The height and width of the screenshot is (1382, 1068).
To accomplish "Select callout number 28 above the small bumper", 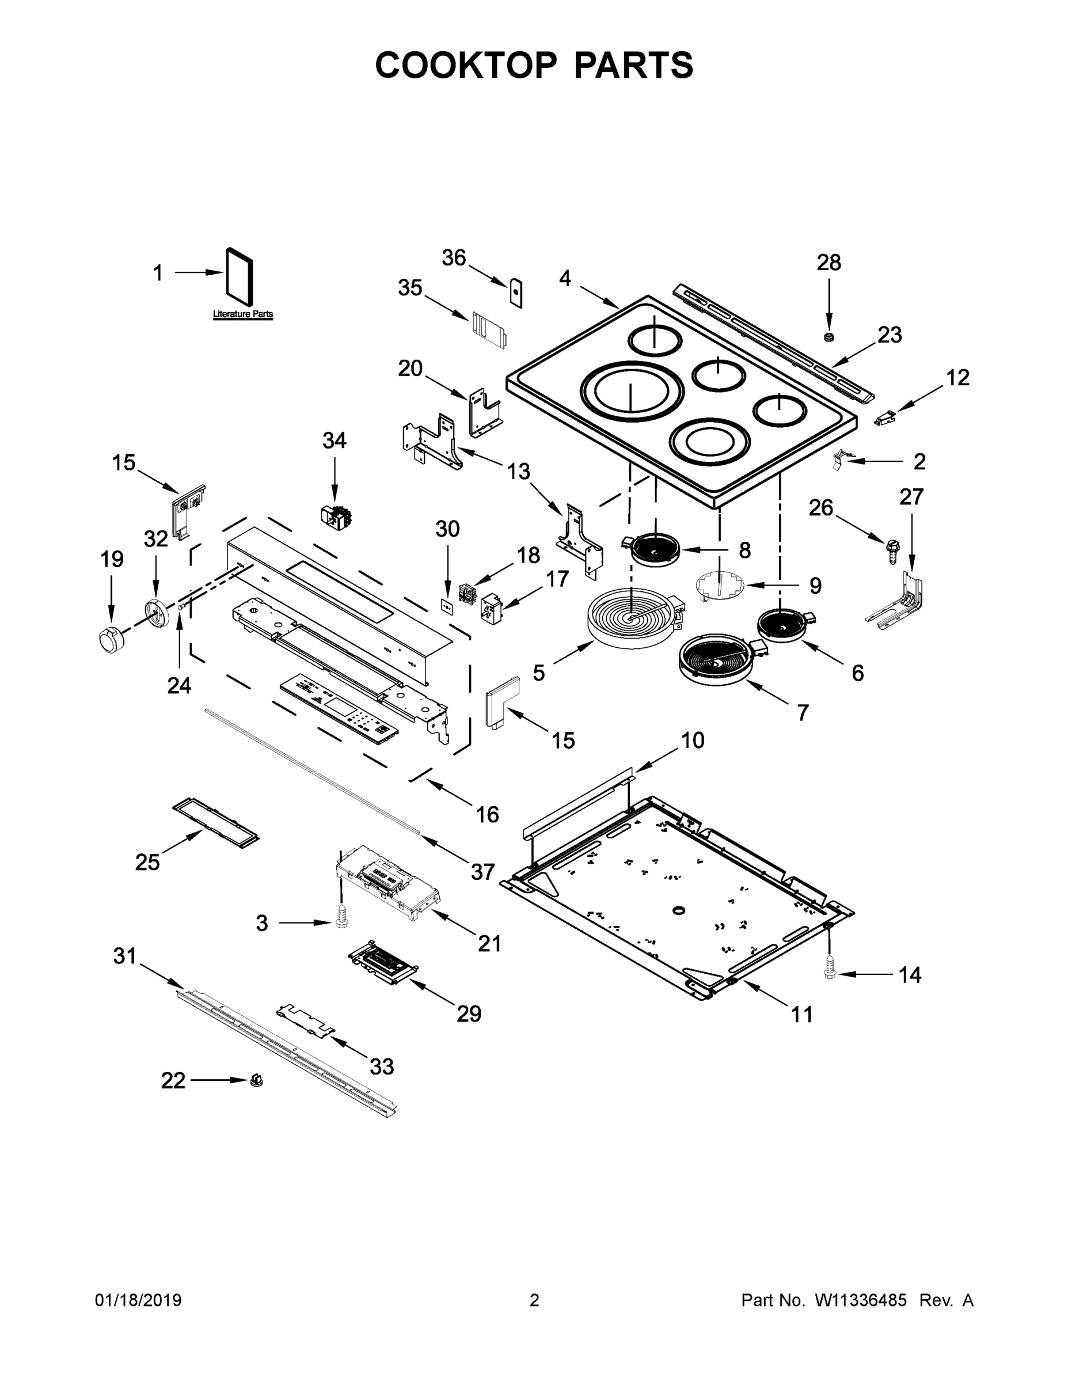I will click(x=829, y=263).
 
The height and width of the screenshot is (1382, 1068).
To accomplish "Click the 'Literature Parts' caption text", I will click(x=243, y=314).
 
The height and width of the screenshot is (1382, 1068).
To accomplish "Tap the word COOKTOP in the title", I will click(x=466, y=65).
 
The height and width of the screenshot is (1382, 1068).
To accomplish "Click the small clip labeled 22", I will click(x=256, y=1080).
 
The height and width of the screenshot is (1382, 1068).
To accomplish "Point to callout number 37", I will click(x=482, y=871).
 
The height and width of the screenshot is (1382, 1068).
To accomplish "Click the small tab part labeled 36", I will click(x=516, y=293).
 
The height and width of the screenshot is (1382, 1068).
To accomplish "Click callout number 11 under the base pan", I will click(x=801, y=1015).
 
